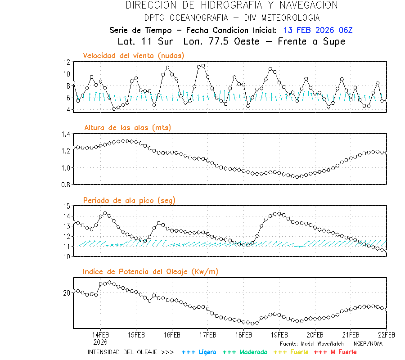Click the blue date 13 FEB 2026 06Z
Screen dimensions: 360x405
click(318, 30)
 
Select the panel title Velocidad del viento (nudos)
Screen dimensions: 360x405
click(134, 55)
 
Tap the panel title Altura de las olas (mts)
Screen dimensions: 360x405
click(128, 128)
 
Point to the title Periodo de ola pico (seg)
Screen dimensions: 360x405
click(129, 200)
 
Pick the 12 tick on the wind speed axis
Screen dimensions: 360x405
click(67, 62)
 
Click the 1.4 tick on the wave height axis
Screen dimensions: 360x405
click(65, 134)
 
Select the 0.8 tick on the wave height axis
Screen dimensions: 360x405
click(65, 184)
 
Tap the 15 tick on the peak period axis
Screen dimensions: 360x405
click(67, 206)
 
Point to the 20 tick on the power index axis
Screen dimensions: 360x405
click(67, 292)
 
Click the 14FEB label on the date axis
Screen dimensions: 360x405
click(100, 335)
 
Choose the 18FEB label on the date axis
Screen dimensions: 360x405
click(243, 335)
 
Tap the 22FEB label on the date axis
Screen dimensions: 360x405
click(386, 335)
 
